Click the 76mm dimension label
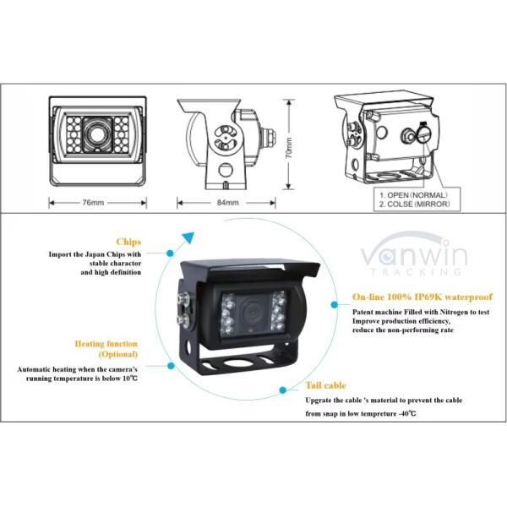tap(94, 203)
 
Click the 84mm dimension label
tap(227, 203)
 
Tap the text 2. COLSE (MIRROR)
tap(413, 205)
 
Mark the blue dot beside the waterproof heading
tap(337, 298)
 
